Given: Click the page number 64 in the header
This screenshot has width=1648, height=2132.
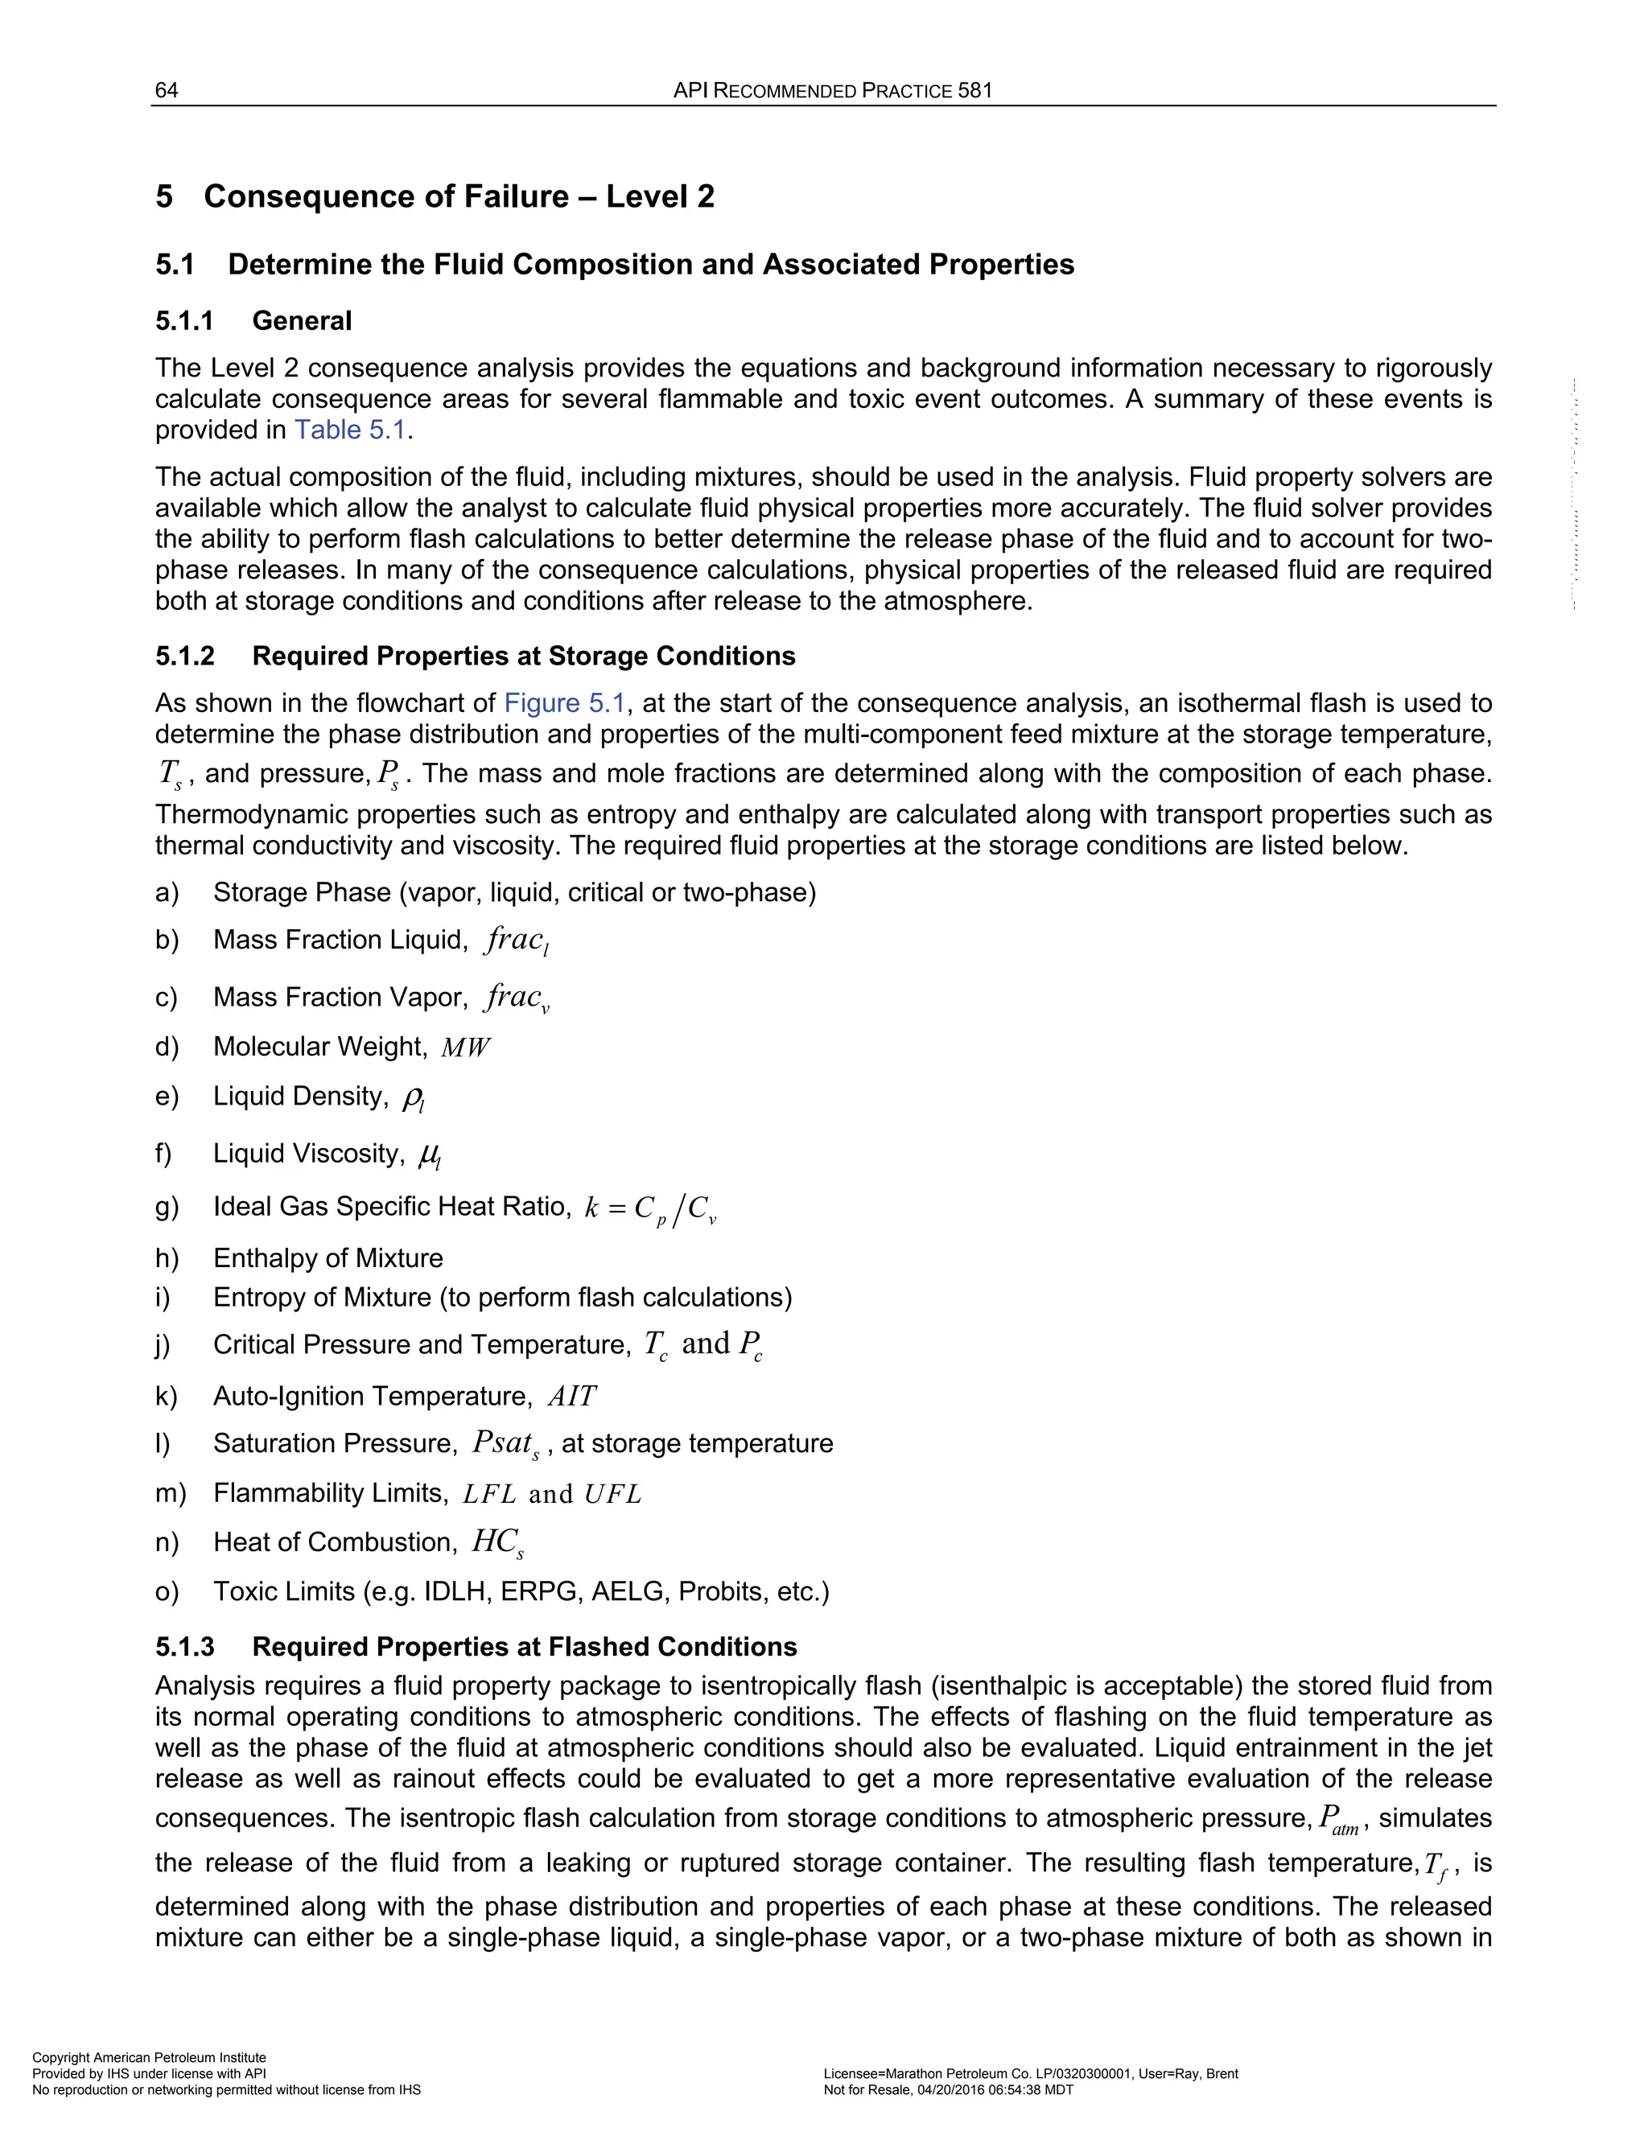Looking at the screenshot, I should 166,91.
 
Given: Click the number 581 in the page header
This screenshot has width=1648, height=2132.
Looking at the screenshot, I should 974,91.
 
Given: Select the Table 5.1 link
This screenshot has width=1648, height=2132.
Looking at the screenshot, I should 349,430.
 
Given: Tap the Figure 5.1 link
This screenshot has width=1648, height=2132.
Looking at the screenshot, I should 563,703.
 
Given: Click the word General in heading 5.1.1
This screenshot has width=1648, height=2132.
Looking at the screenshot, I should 302,321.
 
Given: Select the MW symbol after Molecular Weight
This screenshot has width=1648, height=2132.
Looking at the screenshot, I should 466,1047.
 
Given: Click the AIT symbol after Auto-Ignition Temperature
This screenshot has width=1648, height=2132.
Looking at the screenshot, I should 571,1397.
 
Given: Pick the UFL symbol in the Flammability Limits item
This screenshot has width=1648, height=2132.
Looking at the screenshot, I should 612,1495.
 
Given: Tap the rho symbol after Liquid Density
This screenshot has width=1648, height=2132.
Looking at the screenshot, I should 412,1098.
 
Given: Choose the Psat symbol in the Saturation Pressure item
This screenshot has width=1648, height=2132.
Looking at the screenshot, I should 504,1444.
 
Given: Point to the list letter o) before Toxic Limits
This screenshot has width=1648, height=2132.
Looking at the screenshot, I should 166,1592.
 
